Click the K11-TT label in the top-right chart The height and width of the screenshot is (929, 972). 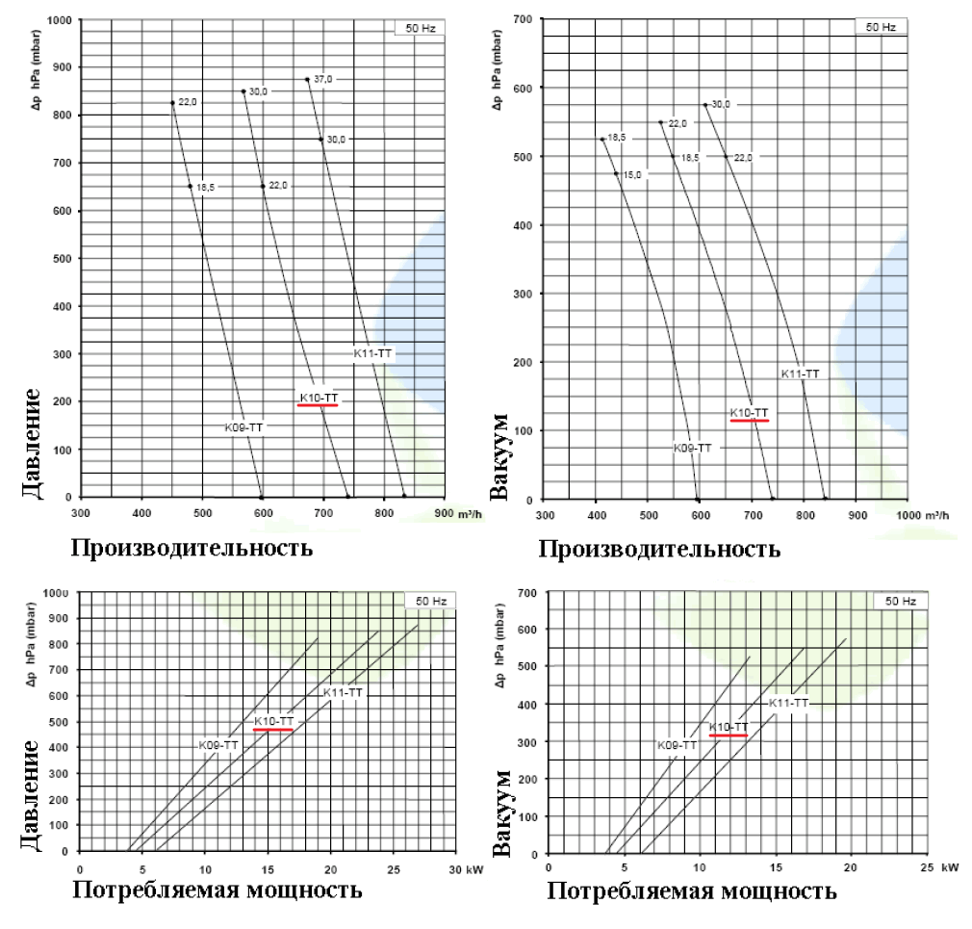click(800, 374)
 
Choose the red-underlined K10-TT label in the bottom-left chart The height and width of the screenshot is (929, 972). click(273, 721)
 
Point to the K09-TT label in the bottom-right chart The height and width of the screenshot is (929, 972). click(678, 744)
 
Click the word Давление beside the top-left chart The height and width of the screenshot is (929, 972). click(30, 444)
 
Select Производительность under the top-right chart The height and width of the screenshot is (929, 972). click(658, 550)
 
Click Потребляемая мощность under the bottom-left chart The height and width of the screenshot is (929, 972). click(217, 889)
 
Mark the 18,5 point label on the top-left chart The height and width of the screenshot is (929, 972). click(206, 187)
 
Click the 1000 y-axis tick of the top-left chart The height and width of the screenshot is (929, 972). click(61, 20)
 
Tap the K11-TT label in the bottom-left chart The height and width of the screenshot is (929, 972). click(343, 692)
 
